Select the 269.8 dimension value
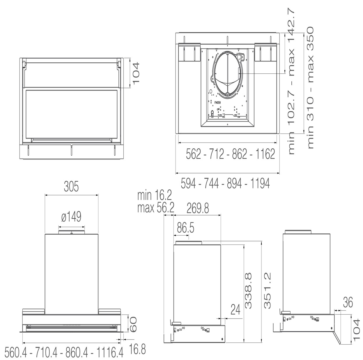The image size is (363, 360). click(198, 208)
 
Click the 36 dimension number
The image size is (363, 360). click(348, 303)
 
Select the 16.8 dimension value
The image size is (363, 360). click(138, 350)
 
